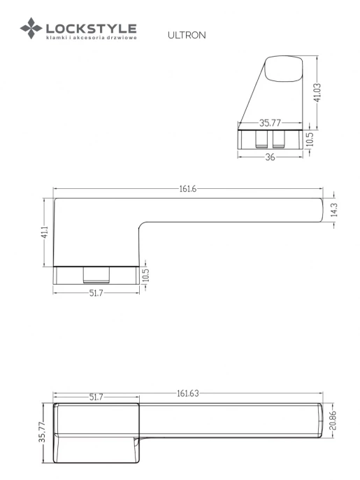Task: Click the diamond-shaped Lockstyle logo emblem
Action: (x=31, y=28)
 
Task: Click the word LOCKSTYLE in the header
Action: (x=91, y=29)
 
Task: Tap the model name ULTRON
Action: (x=187, y=35)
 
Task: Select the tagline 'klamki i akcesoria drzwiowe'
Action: (x=91, y=38)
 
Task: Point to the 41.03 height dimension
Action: (x=317, y=92)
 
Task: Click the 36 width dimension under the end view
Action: (x=270, y=157)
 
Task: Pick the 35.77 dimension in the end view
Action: (x=270, y=122)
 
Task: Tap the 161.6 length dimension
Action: (x=187, y=189)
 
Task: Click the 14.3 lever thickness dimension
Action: (x=333, y=210)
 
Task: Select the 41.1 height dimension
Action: (x=45, y=232)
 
